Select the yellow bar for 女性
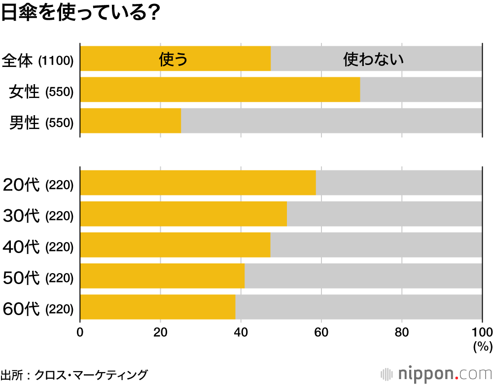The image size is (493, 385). click(220, 90)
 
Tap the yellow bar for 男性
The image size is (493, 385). click(131, 121)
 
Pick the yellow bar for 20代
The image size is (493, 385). click(198, 183)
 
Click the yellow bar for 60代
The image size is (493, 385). click(158, 307)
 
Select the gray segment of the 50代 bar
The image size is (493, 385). click(363, 276)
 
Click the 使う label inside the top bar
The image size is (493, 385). click(174, 59)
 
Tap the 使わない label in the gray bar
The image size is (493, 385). click(373, 59)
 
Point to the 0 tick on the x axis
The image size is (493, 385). click(80, 331)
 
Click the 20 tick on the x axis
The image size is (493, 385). click(160, 331)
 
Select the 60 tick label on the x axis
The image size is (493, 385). click(321, 331)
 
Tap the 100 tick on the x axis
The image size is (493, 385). click(482, 331)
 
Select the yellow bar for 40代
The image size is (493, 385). click(175, 245)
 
